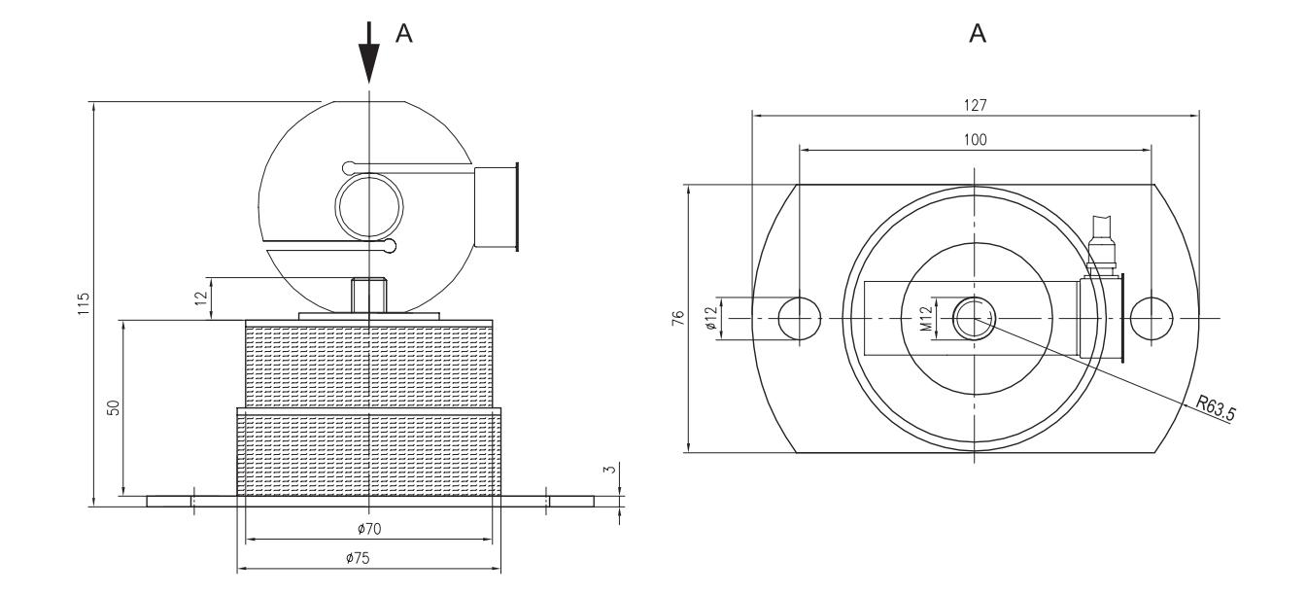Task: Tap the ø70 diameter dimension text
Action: click(368, 529)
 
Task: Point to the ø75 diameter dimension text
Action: click(368, 559)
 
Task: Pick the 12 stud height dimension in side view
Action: click(201, 298)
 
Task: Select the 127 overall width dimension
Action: click(975, 104)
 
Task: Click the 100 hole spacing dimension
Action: click(975, 140)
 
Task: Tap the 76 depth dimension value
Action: click(677, 317)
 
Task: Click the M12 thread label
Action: click(928, 318)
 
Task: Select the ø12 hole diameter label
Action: click(711, 318)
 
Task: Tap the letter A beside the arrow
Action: click(403, 34)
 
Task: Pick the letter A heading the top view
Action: click(977, 34)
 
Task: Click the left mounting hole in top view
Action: click(800, 319)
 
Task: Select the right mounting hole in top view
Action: click(1151, 319)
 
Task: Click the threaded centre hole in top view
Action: click(975, 319)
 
